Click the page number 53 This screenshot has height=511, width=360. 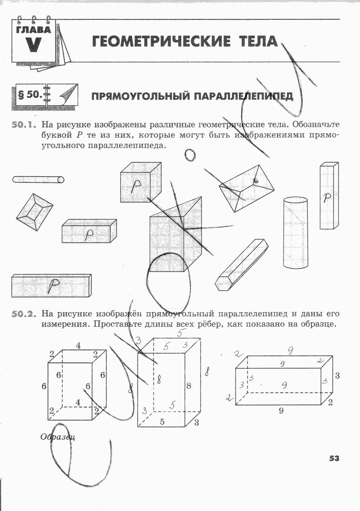[334, 458]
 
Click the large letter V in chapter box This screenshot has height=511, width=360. [33, 44]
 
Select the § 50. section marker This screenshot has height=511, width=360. [30, 95]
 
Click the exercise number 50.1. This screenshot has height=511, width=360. [24, 125]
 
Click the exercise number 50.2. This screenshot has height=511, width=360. [24, 314]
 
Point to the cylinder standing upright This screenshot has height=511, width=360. [296, 233]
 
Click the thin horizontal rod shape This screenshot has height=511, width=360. [38, 179]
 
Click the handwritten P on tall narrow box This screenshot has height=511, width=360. [327, 197]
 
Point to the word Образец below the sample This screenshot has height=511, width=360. [58, 437]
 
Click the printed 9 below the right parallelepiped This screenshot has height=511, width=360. [281, 411]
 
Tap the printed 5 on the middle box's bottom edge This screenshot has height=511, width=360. [162, 422]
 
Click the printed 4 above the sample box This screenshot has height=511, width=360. [78, 346]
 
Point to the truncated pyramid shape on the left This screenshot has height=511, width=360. [34, 212]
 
